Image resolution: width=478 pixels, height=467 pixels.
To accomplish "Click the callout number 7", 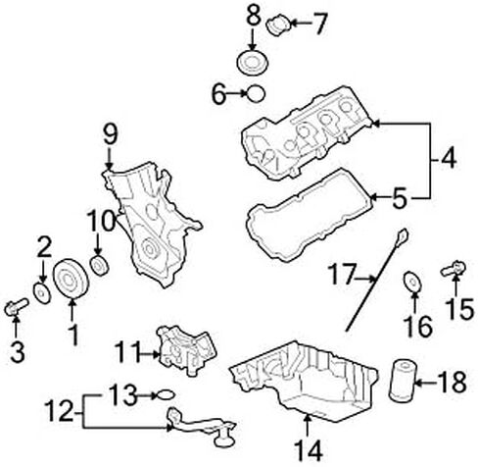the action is point(319,24).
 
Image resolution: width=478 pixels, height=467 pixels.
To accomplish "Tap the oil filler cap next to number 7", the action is point(278,25).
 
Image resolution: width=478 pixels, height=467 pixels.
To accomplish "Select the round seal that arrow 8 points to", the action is point(252,63).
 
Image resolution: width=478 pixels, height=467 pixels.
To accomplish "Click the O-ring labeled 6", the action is point(256,93).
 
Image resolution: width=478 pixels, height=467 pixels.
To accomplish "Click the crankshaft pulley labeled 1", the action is point(71,279).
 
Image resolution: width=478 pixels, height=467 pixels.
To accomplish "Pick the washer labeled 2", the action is point(42,293).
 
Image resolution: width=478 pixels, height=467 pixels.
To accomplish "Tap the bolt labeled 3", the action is point(17,307).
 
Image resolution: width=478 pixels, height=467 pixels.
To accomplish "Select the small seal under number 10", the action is point(99,266).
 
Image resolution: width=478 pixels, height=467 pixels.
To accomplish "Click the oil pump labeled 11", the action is point(187,350).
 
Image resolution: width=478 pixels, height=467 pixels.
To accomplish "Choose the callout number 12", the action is point(60,411).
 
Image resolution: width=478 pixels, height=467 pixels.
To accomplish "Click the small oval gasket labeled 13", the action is point(166,395).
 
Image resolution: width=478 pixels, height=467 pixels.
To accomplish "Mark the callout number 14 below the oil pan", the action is point(309,450).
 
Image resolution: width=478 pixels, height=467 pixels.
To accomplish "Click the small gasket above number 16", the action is point(412,282).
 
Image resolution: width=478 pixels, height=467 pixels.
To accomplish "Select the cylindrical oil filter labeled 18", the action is point(402,381).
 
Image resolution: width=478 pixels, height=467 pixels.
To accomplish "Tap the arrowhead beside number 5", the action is point(374,197).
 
